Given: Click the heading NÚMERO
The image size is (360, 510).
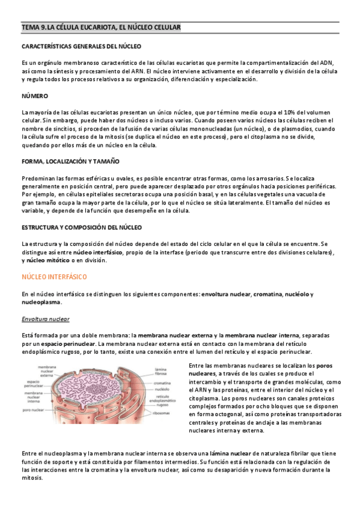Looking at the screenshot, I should [x=34, y=96].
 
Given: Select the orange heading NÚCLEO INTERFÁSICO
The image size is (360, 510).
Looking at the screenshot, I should [x=54, y=277].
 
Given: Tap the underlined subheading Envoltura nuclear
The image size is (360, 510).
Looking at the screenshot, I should [x=45, y=319].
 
